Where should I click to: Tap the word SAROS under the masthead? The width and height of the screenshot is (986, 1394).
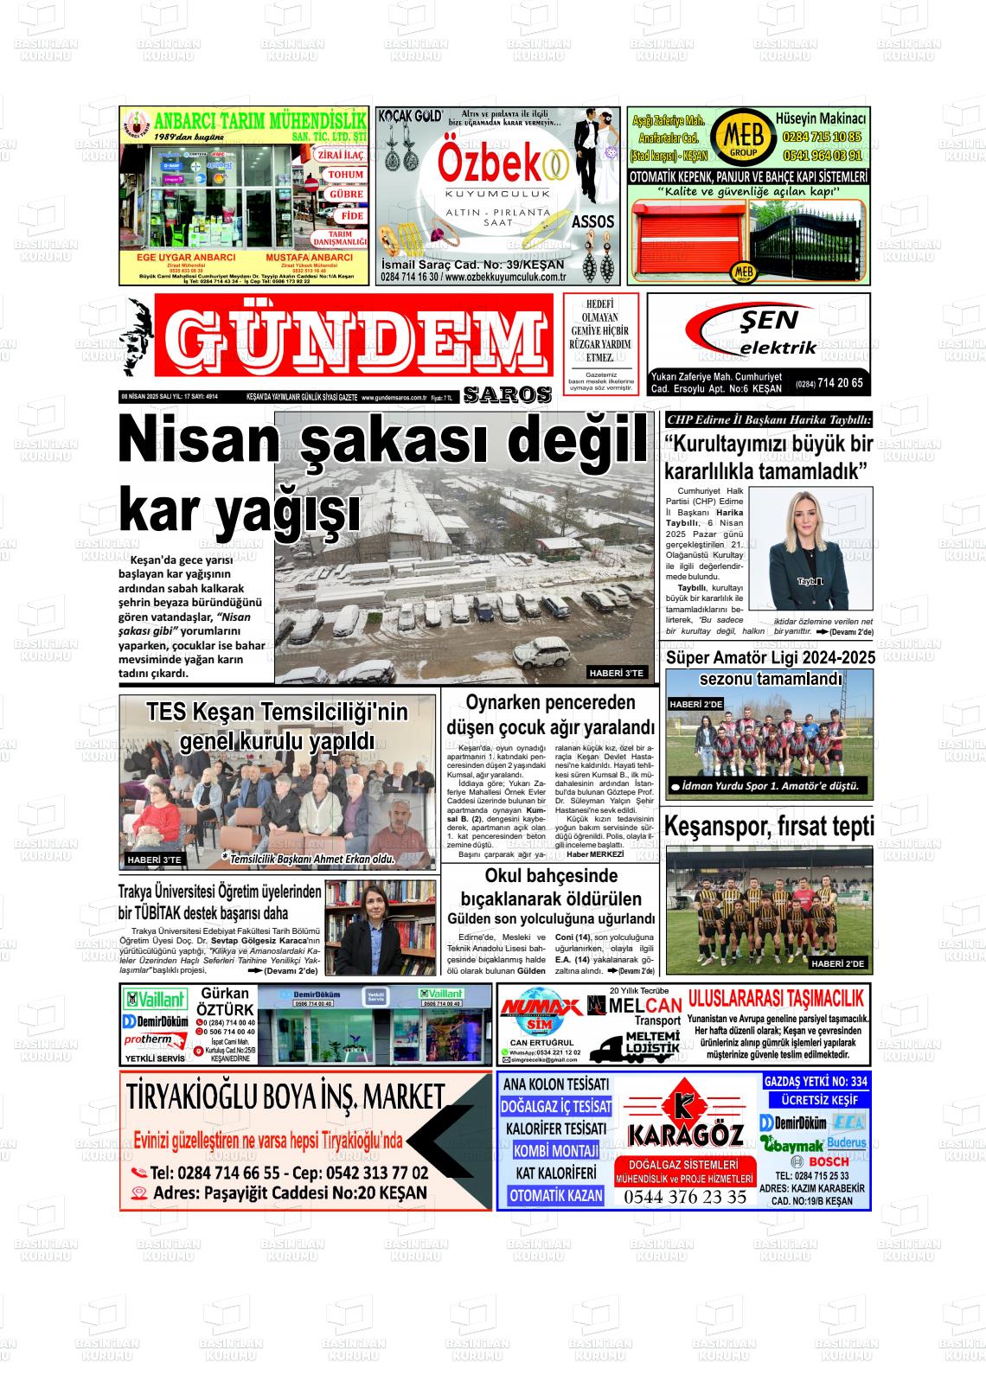(508, 395)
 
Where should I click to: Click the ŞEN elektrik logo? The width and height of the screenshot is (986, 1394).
(758, 333)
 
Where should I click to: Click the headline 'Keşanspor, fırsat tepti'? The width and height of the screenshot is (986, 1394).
(768, 827)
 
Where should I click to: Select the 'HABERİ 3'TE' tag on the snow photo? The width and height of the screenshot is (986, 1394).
(617, 673)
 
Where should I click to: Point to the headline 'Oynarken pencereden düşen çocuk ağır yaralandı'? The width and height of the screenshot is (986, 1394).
(551, 714)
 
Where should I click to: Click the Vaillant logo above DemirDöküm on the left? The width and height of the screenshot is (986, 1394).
(156, 1000)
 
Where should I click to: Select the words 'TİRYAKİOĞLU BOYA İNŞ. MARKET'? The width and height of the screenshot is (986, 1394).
(285, 1097)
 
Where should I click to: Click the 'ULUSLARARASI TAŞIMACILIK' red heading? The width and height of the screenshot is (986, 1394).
(776, 999)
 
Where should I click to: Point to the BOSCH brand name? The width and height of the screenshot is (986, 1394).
(828, 1161)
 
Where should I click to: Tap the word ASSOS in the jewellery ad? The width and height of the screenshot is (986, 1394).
(592, 221)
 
